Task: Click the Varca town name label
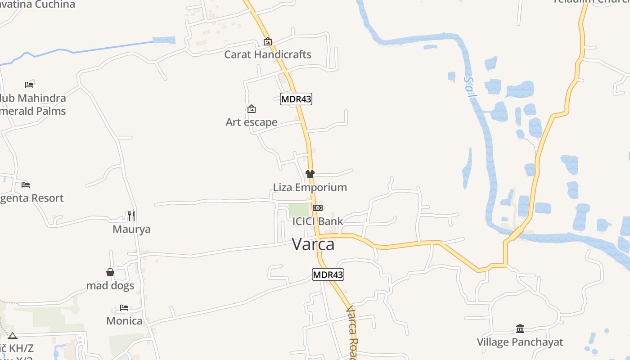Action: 313,244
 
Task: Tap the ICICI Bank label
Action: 318,221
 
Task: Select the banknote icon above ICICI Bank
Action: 318,208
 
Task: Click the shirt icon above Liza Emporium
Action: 310,174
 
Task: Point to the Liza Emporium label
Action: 310,187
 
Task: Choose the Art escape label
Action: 252,122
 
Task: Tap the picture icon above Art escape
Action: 252,109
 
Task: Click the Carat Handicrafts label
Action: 268,54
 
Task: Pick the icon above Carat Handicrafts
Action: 268,41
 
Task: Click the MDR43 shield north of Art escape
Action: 296,99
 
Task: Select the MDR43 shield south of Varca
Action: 328,274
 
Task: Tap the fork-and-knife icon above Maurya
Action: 131,216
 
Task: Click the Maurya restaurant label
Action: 131,229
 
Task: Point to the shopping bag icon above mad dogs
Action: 110,272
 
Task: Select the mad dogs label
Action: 110,286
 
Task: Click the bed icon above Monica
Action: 124,308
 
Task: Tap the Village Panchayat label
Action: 520,342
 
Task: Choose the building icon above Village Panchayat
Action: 520,328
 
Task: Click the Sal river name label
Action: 469,87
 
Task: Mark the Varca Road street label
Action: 352,333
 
